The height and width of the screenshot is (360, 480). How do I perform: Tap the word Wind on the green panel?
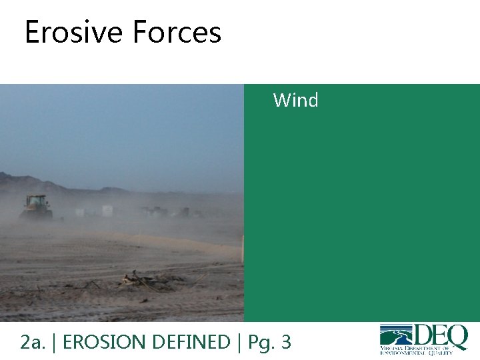click(295, 101)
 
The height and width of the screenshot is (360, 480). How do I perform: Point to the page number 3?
click(286, 342)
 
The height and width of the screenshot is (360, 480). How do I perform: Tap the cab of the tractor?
click(37, 201)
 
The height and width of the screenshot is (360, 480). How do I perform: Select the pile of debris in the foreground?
click(150, 280)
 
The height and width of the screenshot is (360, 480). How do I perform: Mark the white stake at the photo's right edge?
click(242, 249)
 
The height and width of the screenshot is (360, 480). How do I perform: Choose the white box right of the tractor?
click(107, 211)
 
